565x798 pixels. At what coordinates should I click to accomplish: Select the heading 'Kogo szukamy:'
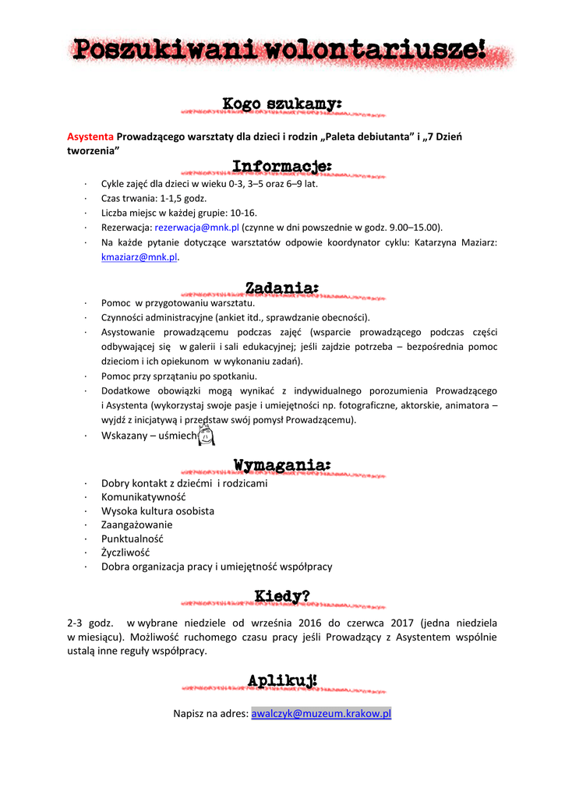pyautogui.click(x=281, y=104)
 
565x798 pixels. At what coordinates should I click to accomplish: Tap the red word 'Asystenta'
pyautogui.click(x=90, y=136)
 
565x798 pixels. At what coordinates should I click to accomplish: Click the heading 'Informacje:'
pyautogui.click(x=281, y=166)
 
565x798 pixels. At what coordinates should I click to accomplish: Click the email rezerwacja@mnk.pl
pyautogui.click(x=196, y=228)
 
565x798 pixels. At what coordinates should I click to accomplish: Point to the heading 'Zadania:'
pyautogui.click(x=281, y=288)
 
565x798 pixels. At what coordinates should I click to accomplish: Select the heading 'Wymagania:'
pyautogui.click(x=281, y=466)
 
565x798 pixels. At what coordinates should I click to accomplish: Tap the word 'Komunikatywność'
pyautogui.click(x=143, y=497)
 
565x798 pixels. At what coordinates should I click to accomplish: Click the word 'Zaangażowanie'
pyautogui.click(x=137, y=524)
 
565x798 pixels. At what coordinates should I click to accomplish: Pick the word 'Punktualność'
pyautogui.click(x=132, y=538)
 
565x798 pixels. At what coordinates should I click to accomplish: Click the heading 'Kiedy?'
pyautogui.click(x=281, y=597)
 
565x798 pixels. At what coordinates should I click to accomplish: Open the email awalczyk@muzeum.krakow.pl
pyautogui.click(x=321, y=713)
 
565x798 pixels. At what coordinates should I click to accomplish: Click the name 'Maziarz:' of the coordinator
pyautogui.click(x=473, y=242)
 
